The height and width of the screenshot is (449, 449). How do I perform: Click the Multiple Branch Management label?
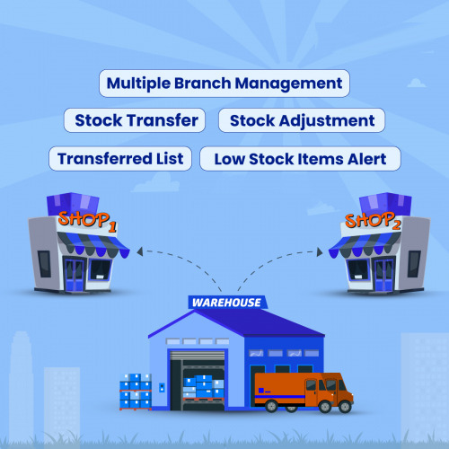[224, 84]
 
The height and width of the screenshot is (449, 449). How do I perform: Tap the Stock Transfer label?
[135, 120]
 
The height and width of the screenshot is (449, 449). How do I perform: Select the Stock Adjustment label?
[302, 120]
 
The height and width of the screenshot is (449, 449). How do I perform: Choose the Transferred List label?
[120, 159]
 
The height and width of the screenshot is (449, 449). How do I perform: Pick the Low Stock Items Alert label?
[300, 159]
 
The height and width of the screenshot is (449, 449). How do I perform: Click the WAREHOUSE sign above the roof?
[227, 303]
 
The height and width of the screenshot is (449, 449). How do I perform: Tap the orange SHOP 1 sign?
[87, 221]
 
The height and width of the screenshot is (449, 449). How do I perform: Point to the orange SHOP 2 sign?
[373, 221]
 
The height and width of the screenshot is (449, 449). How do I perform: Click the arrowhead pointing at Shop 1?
[140, 251]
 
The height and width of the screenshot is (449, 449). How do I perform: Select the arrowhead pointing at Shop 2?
[320, 252]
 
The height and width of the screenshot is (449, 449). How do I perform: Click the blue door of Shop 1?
[74, 276]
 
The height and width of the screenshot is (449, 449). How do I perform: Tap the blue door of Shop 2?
[383, 276]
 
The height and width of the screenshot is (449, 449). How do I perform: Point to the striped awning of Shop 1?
[93, 245]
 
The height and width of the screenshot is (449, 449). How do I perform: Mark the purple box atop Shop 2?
[385, 204]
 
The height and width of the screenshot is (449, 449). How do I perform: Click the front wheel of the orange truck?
[325, 407]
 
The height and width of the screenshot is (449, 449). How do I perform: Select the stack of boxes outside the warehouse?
[136, 392]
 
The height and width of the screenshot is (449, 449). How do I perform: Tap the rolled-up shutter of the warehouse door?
[198, 356]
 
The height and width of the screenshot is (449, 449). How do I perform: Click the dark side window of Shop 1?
[44, 264]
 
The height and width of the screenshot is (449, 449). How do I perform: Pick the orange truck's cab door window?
[311, 385]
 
